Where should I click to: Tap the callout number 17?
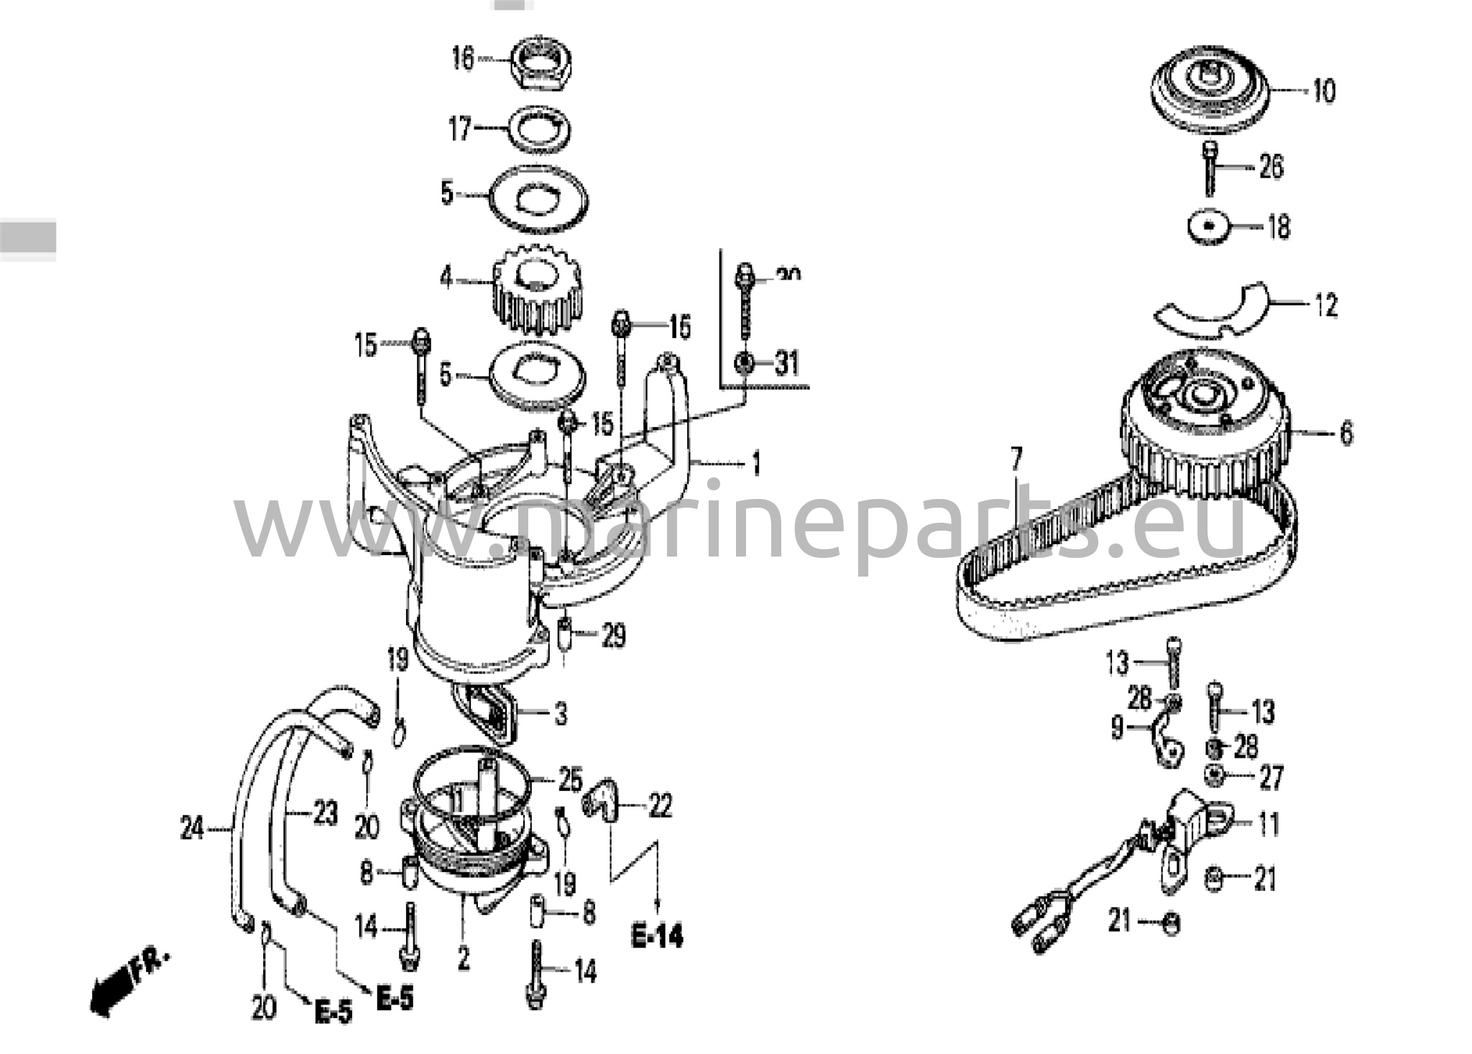click(460, 129)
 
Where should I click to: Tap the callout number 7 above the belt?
click(1016, 459)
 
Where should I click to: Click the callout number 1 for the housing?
click(755, 464)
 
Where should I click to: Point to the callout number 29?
click(612, 636)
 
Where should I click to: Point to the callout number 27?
click(1271, 778)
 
